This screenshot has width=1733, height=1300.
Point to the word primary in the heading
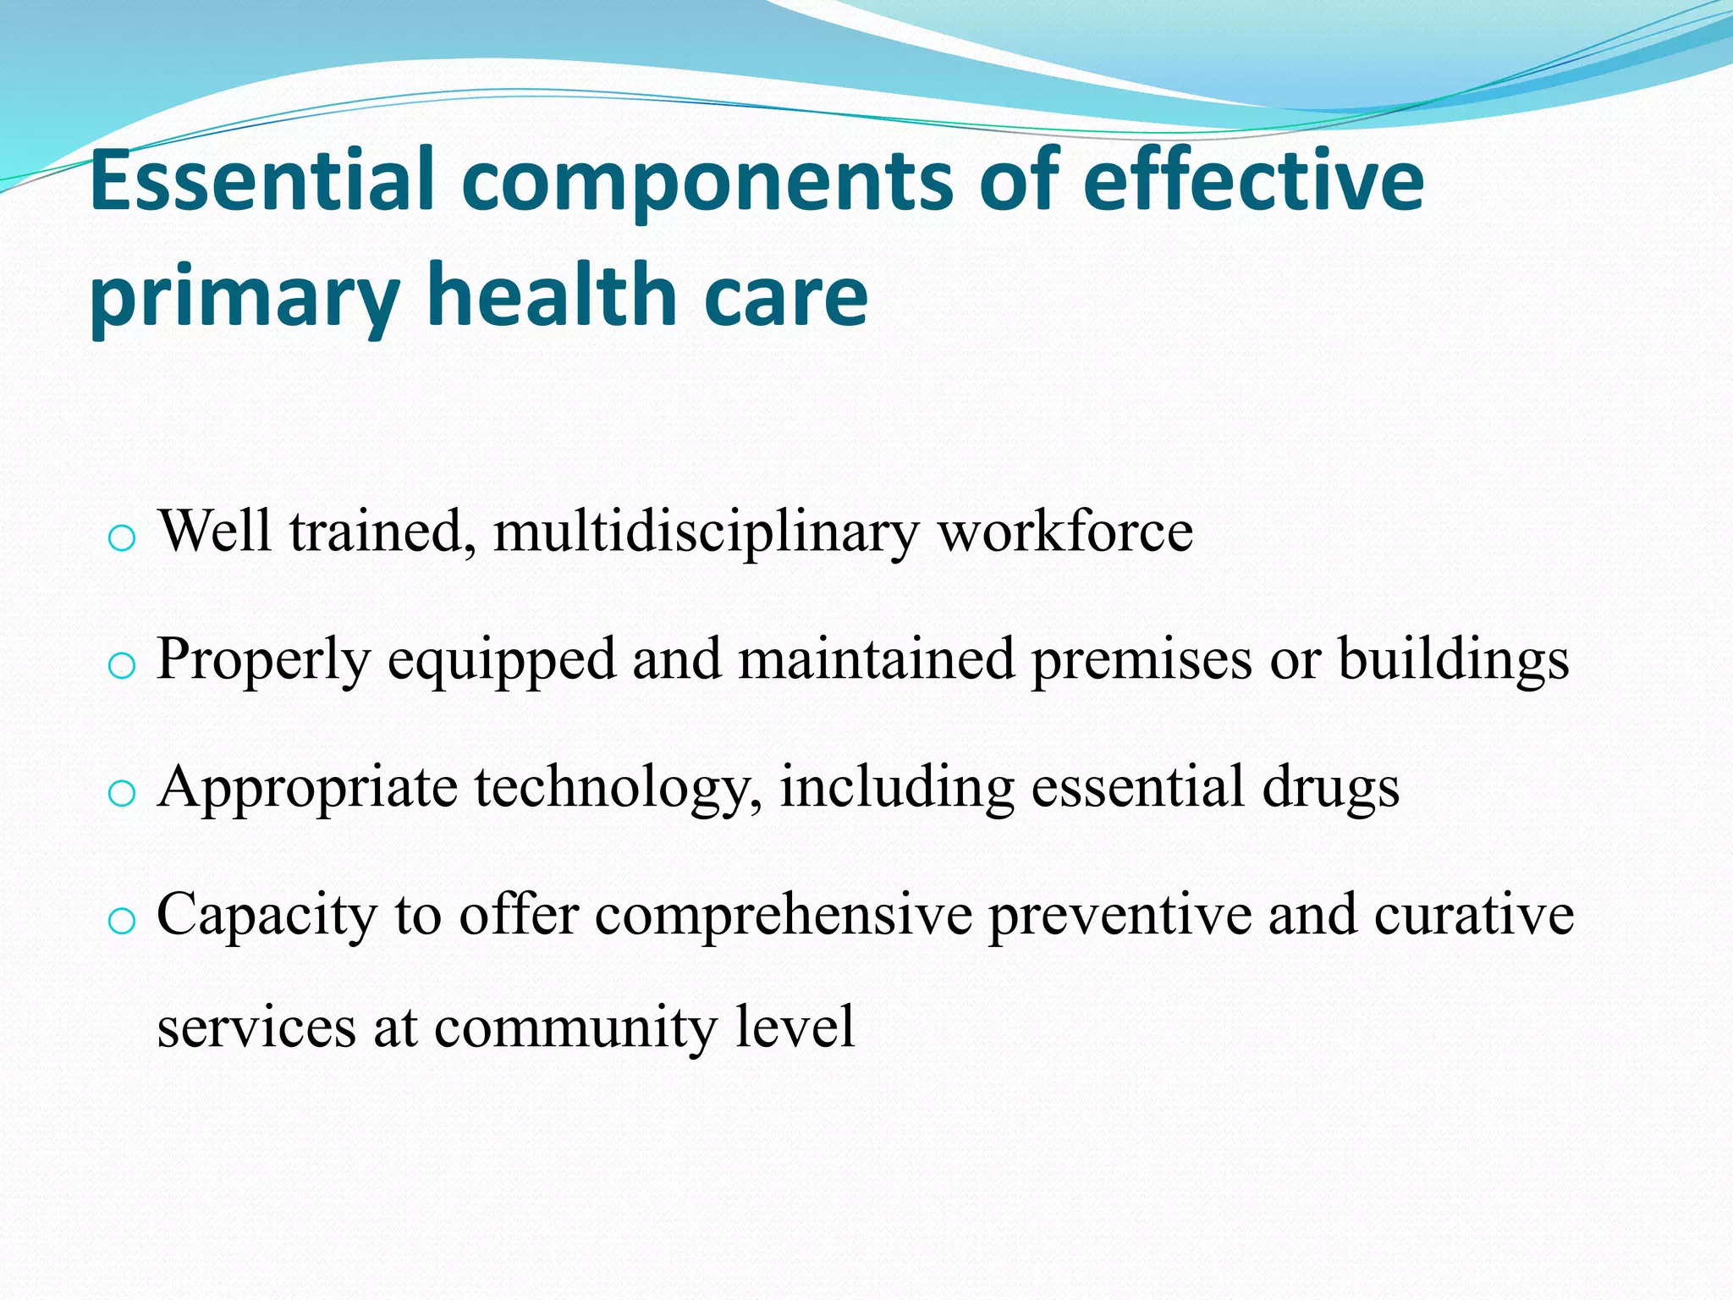244,298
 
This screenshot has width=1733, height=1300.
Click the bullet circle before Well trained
122,537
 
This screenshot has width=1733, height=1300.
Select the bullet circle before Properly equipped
122,665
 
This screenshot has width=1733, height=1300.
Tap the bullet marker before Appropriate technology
122,793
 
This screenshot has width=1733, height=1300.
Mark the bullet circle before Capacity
122,921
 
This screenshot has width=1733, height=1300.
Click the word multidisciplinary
706,532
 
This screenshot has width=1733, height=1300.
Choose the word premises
1141,660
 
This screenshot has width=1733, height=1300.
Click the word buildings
1453,660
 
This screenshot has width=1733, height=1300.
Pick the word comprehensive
784,917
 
